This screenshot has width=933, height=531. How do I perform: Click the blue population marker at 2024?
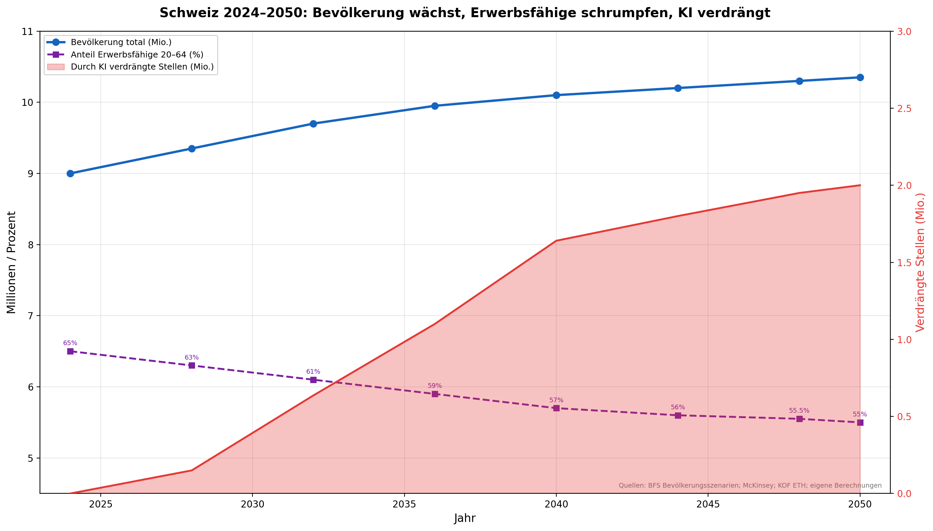[70, 174]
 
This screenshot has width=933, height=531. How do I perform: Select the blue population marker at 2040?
[556, 95]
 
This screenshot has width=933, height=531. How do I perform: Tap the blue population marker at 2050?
[860, 77]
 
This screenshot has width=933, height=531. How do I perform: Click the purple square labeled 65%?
[70, 351]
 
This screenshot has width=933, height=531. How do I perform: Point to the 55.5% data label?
[799, 411]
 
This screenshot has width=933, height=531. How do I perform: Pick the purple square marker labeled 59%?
[435, 394]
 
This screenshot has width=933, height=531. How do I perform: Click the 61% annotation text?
[313, 372]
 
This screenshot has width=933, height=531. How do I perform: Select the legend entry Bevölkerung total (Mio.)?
[121, 42]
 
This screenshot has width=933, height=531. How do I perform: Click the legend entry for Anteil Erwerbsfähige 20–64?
[137, 55]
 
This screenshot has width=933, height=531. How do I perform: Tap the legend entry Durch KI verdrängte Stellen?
[142, 67]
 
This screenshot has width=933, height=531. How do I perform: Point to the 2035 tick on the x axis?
[404, 504]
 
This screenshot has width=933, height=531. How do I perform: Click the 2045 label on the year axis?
[708, 504]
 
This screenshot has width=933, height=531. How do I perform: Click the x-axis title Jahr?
[465, 518]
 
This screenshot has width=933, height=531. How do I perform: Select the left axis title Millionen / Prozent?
[11, 262]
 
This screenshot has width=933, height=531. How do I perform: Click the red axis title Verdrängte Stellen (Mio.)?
[920, 262]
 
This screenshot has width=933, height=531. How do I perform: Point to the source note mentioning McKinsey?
[750, 486]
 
